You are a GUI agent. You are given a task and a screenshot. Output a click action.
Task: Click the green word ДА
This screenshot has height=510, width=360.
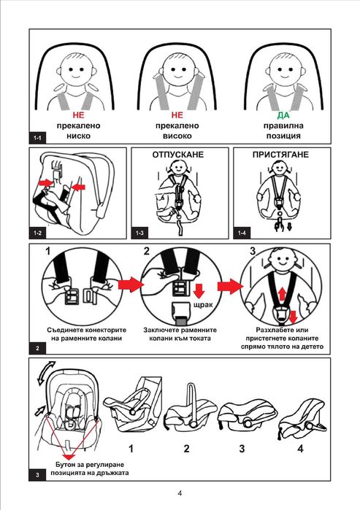(x=283, y=115)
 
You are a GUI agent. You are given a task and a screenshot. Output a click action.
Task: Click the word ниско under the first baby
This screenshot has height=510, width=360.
(x=78, y=136)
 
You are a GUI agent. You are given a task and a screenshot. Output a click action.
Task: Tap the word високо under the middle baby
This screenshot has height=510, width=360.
(x=177, y=136)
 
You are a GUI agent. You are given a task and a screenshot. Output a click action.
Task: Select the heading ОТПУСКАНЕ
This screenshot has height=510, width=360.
(x=177, y=155)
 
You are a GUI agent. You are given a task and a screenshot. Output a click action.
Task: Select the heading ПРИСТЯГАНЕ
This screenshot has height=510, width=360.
(x=280, y=155)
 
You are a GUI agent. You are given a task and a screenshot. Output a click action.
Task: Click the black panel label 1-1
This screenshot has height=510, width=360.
(x=37, y=138)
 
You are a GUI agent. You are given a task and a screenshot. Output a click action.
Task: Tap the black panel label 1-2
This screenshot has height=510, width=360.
(x=37, y=233)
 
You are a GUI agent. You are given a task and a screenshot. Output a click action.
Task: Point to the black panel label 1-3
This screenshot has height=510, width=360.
(x=139, y=233)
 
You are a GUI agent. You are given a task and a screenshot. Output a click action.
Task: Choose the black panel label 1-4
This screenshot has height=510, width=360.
(x=242, y=233)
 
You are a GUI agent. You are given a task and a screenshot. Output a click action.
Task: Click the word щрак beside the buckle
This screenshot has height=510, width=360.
(x=203, y=305)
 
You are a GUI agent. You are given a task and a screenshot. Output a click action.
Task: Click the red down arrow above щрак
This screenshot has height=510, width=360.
(x=199, y=290)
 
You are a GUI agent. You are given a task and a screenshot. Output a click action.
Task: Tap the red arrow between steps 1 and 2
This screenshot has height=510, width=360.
(x=131, y=285)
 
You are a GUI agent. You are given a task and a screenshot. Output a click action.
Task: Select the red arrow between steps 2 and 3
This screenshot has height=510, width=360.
(x=230, y=286)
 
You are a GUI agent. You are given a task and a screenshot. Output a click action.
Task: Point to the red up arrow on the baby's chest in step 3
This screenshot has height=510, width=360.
(x=282, y=294)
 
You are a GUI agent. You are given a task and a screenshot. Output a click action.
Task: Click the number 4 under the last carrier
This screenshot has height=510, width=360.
(x=300, y=449)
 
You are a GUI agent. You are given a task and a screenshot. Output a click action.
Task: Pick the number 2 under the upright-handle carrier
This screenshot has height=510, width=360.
(x=186, y=449)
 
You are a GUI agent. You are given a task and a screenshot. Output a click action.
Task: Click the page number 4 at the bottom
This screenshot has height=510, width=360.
(x=180, y=493)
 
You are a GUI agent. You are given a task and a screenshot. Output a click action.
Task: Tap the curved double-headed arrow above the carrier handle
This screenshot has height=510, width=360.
(x=45, y=373)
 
